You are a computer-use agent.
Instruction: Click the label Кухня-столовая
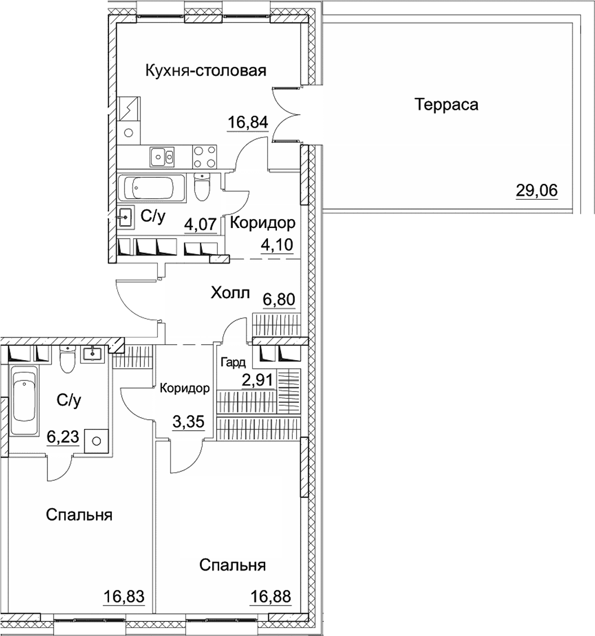pos(205,71)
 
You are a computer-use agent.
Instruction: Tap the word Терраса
pos(446,104)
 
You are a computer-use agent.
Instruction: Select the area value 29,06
pos(536,191)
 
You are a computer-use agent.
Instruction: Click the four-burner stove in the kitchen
pos(205,156)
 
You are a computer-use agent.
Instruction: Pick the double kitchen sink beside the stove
pos(162,156)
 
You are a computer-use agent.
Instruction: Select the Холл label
pos(230,293)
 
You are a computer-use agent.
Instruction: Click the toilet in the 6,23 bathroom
pos(67,359)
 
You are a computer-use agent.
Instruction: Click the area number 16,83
pos(124,596)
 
